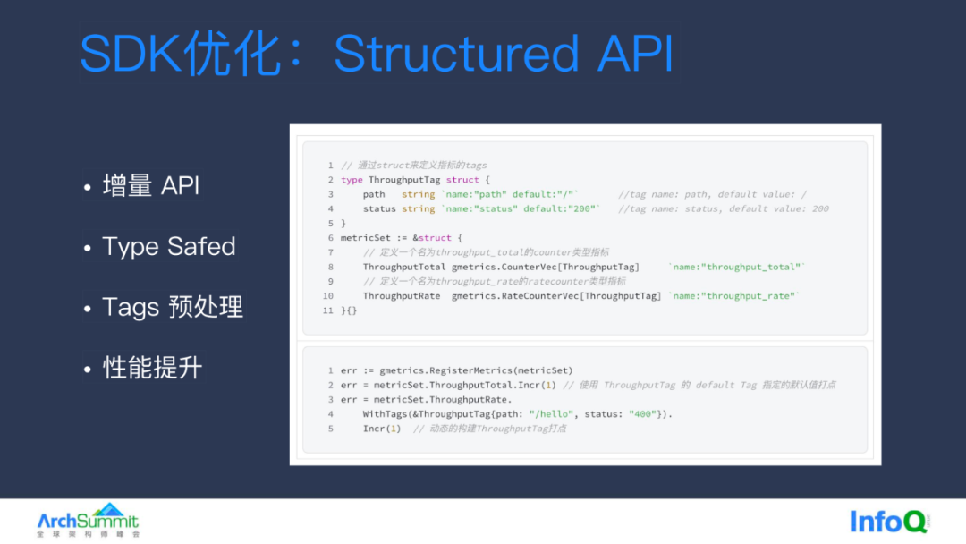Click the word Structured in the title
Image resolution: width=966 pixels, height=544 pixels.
456,55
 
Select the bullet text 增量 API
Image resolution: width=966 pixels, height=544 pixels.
150,186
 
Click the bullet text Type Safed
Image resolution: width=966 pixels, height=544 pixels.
169,247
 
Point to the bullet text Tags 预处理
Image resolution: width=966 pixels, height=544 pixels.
173,307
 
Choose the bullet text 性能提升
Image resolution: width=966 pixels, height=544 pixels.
153,368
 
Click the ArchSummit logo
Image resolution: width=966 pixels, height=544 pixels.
88,520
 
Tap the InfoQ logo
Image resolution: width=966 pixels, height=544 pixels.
889,521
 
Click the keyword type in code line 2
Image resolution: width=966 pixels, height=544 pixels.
352,180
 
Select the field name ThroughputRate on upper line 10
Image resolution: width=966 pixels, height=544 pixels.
402,296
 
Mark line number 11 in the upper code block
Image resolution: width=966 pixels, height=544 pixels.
327,310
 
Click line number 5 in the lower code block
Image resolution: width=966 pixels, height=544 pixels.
330,429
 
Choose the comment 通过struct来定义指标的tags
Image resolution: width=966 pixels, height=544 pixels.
421,166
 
